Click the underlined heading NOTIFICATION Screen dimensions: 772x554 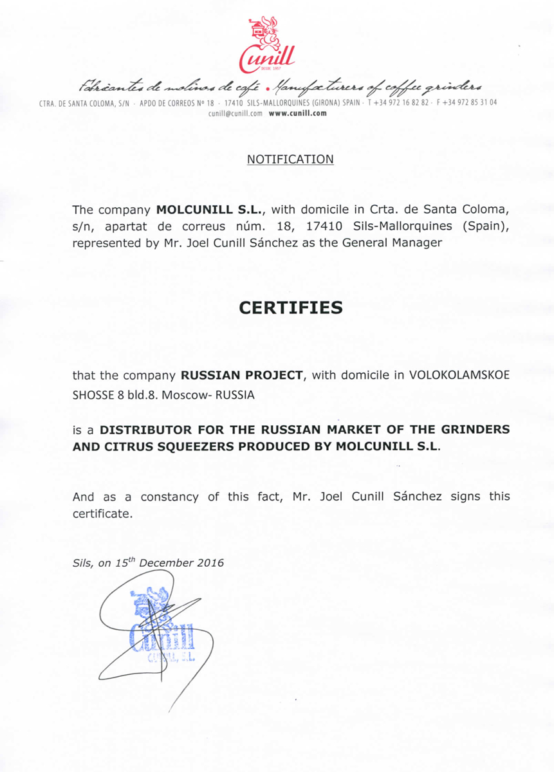[290, 159]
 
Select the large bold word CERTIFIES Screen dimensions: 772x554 [291, 308]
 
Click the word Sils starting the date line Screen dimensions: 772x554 [83, 564]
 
